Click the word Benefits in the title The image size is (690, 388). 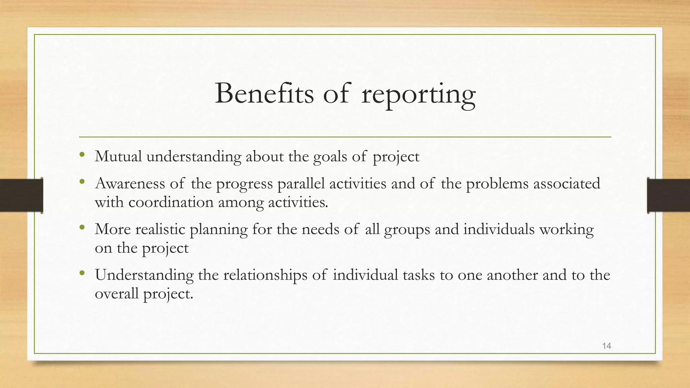264,93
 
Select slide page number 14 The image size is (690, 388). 606,346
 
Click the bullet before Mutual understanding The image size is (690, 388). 82,155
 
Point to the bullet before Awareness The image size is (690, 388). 82,182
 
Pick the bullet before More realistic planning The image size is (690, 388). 82,228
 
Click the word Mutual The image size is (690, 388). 118,157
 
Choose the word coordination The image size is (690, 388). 171,202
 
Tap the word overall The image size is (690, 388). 117,294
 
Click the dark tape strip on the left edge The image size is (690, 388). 21,195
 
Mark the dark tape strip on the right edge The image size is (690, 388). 668,195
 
